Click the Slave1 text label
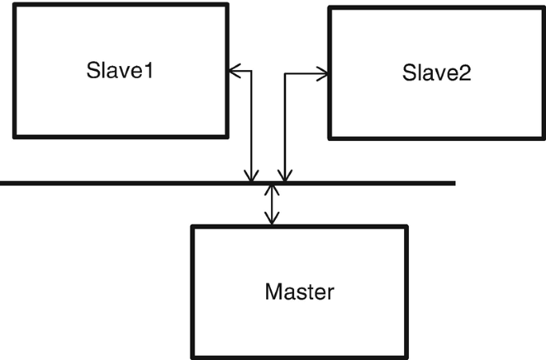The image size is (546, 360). (x=120, y=71)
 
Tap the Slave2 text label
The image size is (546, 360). (x=436, y=74)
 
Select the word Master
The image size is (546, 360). (x=299, y=292)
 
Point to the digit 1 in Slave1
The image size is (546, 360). (x=147, y=71)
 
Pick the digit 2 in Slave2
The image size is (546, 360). (x=465, y=74)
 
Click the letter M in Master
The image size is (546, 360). (x=273, y=292)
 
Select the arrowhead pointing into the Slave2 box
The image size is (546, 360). (x=322, y=74)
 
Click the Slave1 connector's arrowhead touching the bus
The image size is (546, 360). (x=252, y=176)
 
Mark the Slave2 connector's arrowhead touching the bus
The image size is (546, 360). (x=283, y=176)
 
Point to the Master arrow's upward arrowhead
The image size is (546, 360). (x=272, y=190)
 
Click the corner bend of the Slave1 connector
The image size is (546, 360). (x=252, y=72)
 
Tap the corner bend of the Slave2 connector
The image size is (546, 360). (x=284, y=74)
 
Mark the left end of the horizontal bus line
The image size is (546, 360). (x=2, y=183)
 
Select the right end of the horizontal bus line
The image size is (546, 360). (x=454, y=183)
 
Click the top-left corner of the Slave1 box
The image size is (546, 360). (x=14, y=5)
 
